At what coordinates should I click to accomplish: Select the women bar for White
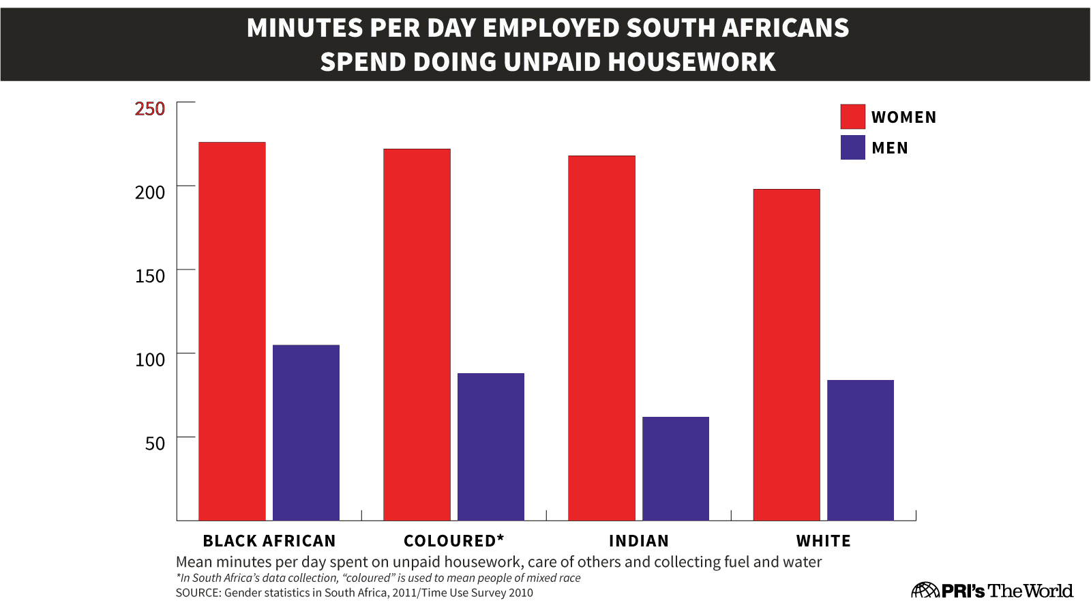tap(786, 355)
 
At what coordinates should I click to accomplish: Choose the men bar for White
tap(861, 450)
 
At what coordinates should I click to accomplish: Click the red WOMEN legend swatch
tap(852, 117)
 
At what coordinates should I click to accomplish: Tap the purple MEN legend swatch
tap(852, 147)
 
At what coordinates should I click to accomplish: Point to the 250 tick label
tap(150, 109)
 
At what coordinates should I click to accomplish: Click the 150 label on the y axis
tap(150, 276)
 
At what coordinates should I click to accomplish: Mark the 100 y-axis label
tap(150, 360)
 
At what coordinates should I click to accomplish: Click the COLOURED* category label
tap(454, 541)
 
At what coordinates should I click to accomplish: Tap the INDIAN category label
tap(639, 541)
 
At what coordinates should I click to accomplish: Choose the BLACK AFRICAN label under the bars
tap(269, 541)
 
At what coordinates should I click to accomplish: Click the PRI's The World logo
tap(992, 590)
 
